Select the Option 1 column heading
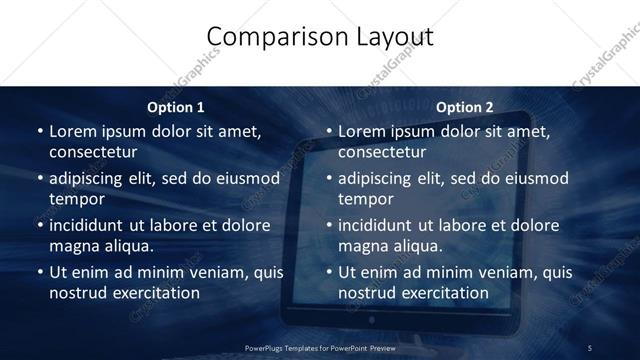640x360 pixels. [x=176, y=107]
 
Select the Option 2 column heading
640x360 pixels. [x=465, y=107]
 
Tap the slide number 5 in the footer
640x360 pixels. [x=589, y=347]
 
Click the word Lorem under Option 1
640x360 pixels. [x=73, y=131]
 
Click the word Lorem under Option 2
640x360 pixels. [x=362, y=131]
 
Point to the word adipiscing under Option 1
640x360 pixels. [x=93, y=178]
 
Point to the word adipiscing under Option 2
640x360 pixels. [x=382, y=178]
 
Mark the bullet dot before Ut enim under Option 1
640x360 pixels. [x=39, y=272]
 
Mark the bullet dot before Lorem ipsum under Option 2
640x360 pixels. [x=328, y=131]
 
